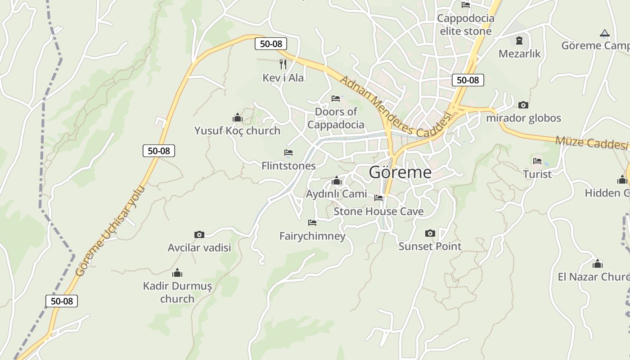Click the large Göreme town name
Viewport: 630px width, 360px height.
tap(400, 172)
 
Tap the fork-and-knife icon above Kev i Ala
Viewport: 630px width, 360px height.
tap(283, 64)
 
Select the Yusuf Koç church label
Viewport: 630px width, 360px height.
tap(237, 130)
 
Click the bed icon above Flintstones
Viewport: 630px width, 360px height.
tap(288, 153)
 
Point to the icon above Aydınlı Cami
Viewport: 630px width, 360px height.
tap(336, 181)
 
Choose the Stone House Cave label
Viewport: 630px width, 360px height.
tap(378, 211)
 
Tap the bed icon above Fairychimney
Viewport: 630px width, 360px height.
tap(312, 223)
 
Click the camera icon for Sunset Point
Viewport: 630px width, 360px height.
tap(430, 233)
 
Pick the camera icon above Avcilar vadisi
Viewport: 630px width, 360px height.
tap(199, 234)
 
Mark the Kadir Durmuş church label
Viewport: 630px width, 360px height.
tap(177, 292)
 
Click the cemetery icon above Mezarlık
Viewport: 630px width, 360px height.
tap(519, 40)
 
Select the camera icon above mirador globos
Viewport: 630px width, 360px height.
tap(523, 105)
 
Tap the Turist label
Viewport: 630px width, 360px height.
tap(537, 174)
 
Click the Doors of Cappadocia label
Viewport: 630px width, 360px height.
tap(336, 118)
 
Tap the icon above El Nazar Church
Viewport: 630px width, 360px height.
tap(597, 264)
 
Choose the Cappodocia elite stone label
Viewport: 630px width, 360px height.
tap(465, 25)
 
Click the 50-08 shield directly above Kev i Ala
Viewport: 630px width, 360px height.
tap(271, 44)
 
